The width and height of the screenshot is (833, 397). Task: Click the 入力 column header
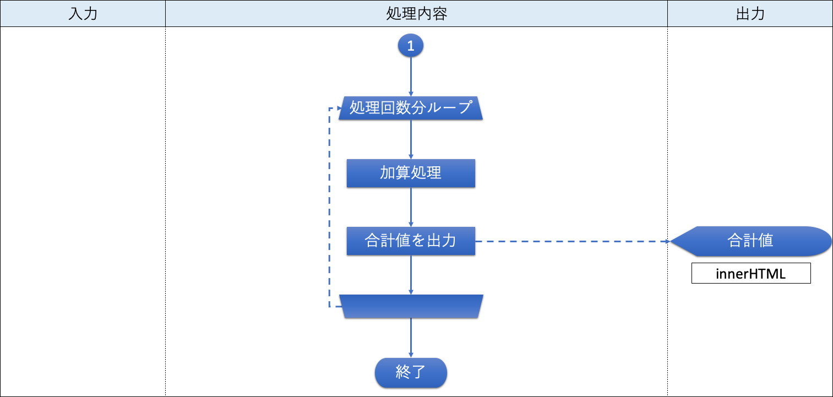(83, 13)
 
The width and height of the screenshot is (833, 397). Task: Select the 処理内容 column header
(416, 13)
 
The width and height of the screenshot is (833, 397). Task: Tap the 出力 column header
(750, 13)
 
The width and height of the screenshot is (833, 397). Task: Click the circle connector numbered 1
(411, 45)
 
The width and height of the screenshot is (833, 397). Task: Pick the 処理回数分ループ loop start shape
(411, 108)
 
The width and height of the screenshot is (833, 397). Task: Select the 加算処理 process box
(411, 173)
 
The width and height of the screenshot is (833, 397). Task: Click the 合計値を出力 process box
(411, 241)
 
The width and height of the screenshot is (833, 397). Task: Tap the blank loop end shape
(411, 306)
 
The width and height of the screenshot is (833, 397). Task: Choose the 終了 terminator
(411, 372)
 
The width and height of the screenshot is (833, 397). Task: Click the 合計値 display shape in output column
(750, 241)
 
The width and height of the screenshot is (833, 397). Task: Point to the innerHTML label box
(751, 274)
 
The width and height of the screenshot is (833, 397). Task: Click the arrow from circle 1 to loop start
(411, 77)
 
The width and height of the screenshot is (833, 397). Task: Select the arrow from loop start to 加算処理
(411, 139)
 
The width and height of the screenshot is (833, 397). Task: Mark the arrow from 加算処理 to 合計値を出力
(411, 207)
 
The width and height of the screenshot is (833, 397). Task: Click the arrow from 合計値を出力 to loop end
(411, 275)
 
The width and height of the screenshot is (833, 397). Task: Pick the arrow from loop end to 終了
(411, 338)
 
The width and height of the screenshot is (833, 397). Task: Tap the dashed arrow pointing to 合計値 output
(573, 242)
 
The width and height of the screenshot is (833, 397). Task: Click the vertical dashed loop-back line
(329, 207)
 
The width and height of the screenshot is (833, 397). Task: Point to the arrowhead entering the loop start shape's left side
(340, 108)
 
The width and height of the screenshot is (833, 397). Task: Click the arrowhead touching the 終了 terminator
(411, 355)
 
